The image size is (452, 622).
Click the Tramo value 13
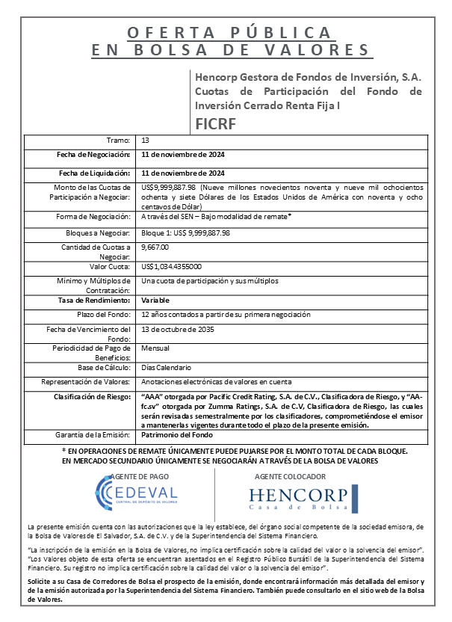click(x=146, y=141)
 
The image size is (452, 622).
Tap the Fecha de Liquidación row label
click(x=95, y=173)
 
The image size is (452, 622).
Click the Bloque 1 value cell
click(x=185, y=233)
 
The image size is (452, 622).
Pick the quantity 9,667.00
click(x=155, y=247)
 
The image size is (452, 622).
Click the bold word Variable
click(x=156, y=300)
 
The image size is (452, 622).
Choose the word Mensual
click(x=155, y=348)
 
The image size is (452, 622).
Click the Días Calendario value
click(x=167, y=367)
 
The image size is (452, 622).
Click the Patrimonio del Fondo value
click(x=177, y=434)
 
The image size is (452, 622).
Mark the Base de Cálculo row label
click(x=105, y=367)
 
